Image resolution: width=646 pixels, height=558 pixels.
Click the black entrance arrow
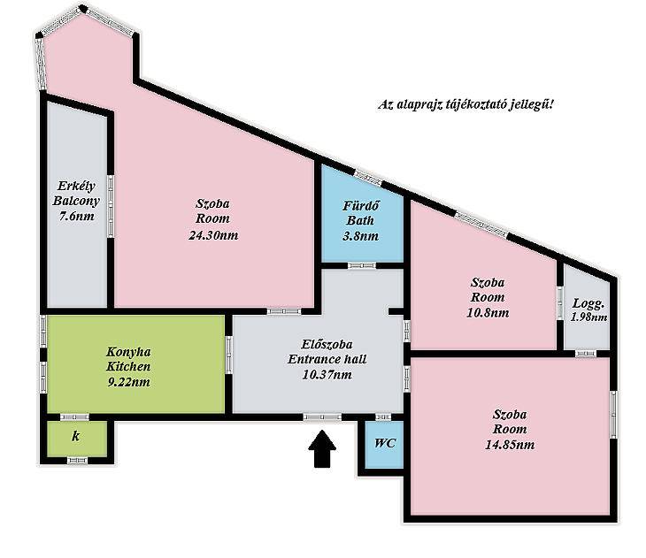click(x=322, y=449)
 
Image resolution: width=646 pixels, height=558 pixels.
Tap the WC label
click(x=385, y=443)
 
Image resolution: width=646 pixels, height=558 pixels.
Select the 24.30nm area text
click(x=213, y=235)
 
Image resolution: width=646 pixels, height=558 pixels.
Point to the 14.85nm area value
click(x=510, y=445)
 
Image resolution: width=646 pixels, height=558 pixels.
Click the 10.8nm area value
click(x=488, y=313)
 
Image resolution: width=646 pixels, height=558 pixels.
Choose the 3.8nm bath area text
click(x=360, y=236)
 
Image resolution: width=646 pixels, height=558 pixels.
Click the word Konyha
click(x=128, y=352)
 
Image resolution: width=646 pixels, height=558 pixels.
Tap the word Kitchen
click(x=128, y=366)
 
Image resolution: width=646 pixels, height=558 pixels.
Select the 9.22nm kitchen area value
click(x=128, y=382)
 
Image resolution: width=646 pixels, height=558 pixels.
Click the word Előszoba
click(x=327, y=344)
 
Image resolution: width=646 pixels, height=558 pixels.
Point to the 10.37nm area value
click(x=327, y=375)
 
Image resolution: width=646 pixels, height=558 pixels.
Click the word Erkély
click(x=76, y=186)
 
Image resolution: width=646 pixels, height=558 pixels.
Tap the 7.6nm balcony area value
click(x=76, y=216)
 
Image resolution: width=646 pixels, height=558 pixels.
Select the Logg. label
click(x=588, y=304)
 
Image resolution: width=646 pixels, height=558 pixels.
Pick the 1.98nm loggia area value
click(x=588, y=317)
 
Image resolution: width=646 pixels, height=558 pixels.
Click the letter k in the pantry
click(x=76, y=436)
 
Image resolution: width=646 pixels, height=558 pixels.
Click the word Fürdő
click(x=361, y=205)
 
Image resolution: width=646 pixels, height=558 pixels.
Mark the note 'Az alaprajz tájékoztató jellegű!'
click(x=466, y=104)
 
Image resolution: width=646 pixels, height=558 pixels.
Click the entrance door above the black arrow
click(x=322, y=417)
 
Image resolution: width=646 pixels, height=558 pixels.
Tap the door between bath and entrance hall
click(x=362, y=265)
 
